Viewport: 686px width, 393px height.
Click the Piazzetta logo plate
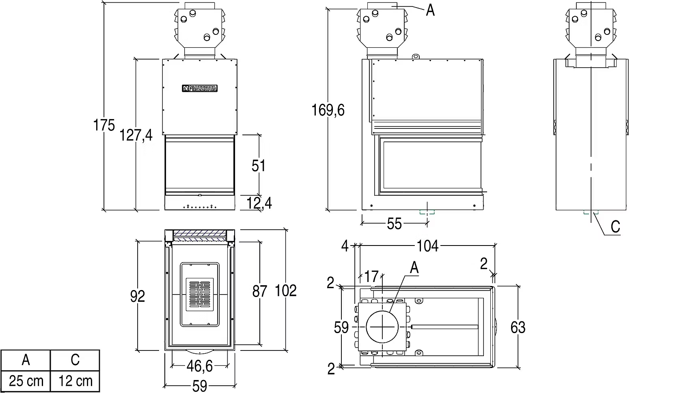click(x=200, y=88)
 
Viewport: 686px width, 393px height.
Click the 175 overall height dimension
click(x=104, y=125)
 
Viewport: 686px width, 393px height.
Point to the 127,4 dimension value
click(x=136, y=135)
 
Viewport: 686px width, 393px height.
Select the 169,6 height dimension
click(x=328, y=110)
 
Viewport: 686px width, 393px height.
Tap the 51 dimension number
click(x=259, y=166)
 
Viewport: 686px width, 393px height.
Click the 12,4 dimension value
click(x=259, y=203)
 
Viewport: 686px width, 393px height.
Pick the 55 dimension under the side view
click(x=394, y=224)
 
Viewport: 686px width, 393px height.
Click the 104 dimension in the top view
click(x=427, y=246)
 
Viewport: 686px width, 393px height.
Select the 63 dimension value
click(x=518, y=327)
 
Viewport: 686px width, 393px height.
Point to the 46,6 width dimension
click(x=200, y=366)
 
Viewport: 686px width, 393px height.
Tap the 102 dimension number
click(x=286, y=290)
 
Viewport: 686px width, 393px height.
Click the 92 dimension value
click(x=138, y=296)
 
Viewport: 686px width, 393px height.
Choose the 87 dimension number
click(x=260, y=291)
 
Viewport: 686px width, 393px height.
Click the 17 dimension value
click(x=371, y=277)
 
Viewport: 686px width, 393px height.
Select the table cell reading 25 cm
click(x=26, y=381)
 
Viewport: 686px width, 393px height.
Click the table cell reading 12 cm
click(x=75, y=381)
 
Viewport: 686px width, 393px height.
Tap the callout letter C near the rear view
click(x=615, y=227)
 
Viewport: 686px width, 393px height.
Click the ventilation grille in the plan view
click(x=200, y=295)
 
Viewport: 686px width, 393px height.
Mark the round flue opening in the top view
click(x=382, y=327)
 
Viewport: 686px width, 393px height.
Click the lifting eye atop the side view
click(x=415, y=57)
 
